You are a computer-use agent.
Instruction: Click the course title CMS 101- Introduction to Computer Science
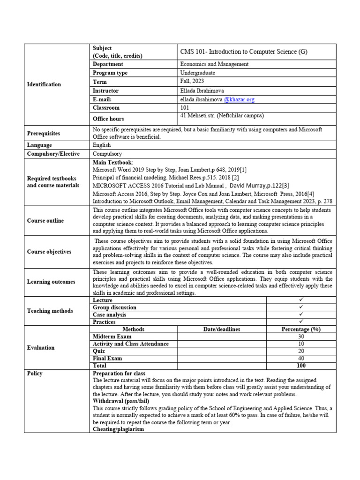[x=244, y=52]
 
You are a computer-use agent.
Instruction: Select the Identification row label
[x=44, y=84]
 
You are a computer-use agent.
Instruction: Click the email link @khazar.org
[x=239, y=99]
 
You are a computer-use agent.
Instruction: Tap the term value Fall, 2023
[x=192, y=82]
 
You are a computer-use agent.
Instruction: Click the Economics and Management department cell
[x=214, y=64]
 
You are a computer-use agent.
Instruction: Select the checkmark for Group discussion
[x=301, y=307]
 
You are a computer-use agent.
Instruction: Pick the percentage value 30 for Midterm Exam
[x=301, y=337]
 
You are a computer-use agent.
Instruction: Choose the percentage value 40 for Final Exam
[x=301, y=358]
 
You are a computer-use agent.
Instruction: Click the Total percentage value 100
[x=301, y=366]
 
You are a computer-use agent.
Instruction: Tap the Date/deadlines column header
[x=222, y=329]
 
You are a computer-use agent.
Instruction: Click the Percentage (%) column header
[x=301, y=329]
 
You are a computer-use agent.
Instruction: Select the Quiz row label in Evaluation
[x=99, y=351]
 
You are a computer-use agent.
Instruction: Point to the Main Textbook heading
[x=113, y=162]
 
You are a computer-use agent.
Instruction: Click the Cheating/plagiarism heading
[x=118, y=429]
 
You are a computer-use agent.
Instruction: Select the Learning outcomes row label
[x=51, y=282]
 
